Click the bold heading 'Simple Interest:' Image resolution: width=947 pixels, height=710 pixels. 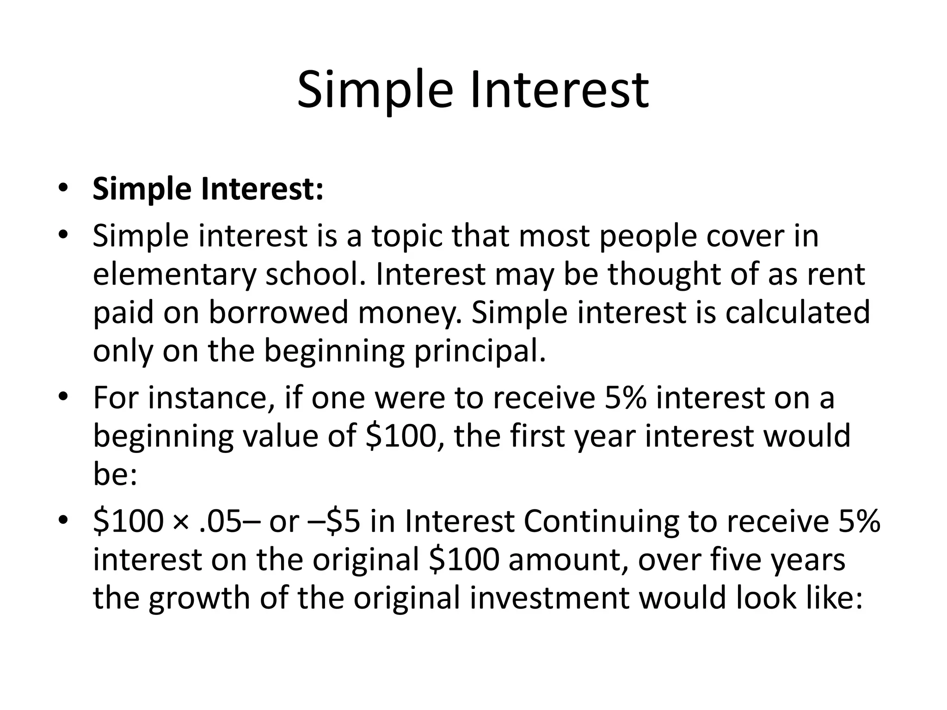[208, 189]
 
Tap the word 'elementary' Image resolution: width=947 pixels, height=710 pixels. [174, 275]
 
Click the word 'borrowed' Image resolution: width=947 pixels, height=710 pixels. [278, 312]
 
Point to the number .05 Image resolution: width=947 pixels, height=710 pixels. [220, 521]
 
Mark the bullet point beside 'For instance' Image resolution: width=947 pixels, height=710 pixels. [63, 398]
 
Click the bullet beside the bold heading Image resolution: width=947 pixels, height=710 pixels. [63, 189]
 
